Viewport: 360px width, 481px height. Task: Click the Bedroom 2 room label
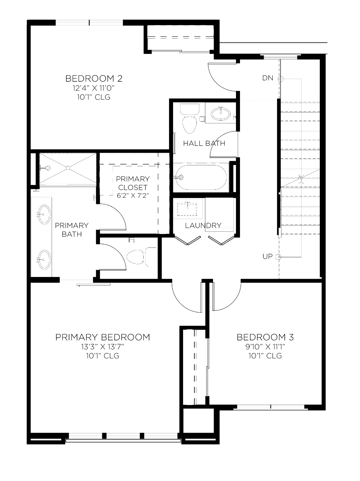[94, 78]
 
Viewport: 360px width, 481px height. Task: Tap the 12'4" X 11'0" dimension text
[94, 88]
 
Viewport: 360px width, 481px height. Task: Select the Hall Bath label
[204, 143]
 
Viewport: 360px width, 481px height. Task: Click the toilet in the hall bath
[190, 119]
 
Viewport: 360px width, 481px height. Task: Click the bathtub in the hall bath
[201, 177]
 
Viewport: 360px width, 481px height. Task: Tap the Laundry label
[203, 225]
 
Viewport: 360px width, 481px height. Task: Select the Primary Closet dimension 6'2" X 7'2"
[133, 195]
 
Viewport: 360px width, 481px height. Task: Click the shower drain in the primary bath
[68, 168]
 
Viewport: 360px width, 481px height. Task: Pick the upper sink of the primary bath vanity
[44, 215]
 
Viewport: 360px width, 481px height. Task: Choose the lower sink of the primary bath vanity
[44, 259]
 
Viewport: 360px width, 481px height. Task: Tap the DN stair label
[268, 78]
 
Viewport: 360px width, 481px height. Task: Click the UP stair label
[268, 256]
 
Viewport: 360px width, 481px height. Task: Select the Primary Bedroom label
[103, 337]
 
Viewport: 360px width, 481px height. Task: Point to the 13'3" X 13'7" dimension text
[103, 347]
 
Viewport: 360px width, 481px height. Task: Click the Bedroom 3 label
[265, 337]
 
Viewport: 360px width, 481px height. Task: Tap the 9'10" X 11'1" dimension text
[265, 347]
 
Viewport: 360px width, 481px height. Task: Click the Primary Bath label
[72, 230]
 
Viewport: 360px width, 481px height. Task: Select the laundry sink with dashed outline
[187, 209]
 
